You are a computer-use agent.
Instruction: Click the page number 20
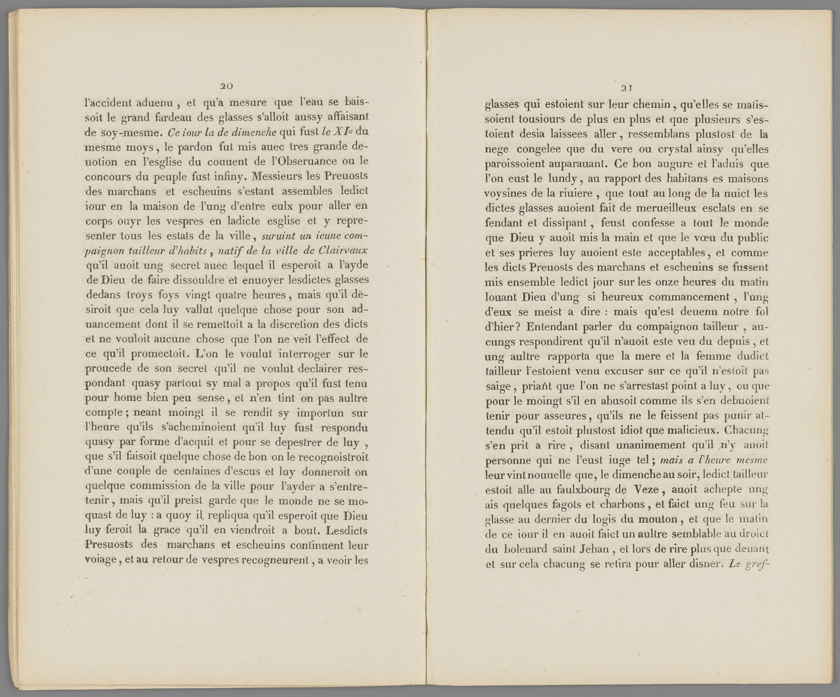pos(226,86)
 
